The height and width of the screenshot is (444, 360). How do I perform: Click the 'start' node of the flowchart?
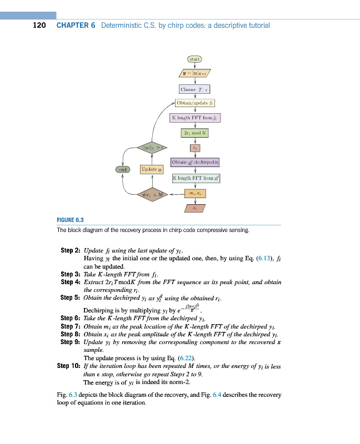tap(194, 58)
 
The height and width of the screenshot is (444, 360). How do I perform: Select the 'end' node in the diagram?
tap(123, 169)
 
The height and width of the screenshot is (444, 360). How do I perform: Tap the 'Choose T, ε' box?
tap(194, 89)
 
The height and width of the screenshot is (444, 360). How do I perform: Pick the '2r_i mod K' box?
tap(194, 133)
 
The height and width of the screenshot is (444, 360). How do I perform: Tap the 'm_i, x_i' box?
tap(194, 194)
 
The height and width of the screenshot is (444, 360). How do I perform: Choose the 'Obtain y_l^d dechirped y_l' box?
tap(196, 163)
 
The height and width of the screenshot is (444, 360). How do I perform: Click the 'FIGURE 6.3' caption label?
tap(71, 220)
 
